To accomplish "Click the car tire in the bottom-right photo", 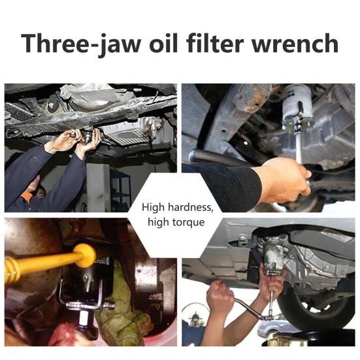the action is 317,305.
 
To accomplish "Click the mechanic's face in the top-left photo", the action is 40,192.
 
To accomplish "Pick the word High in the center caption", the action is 154,208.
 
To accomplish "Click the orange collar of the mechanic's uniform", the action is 26,196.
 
